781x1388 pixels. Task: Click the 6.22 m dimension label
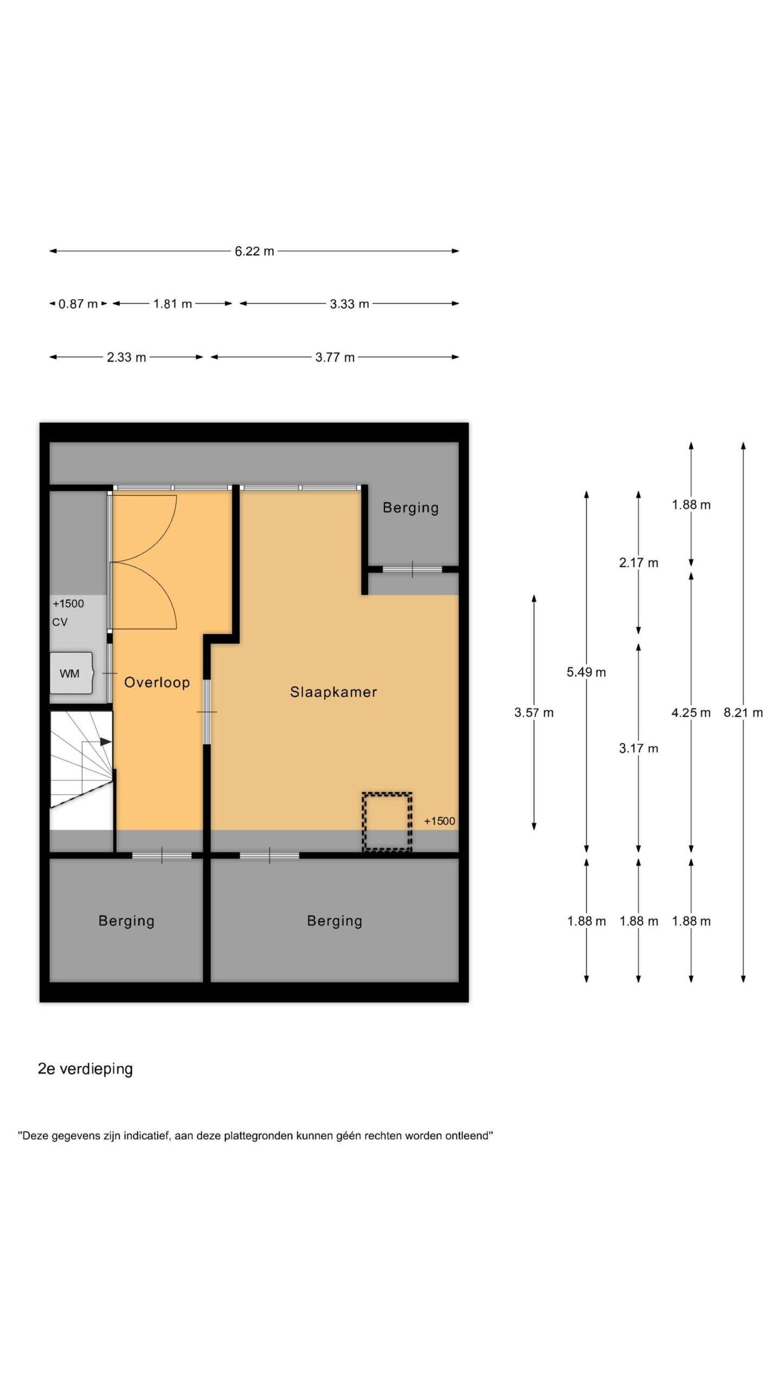pyautogui.click(x=254, y=251)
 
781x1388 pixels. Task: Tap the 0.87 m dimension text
pyautogui.click(x=78, y=304)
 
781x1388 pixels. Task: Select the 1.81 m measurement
pyautogui.click(x=172, y=304)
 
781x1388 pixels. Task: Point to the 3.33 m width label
pyautogui.click(x=349, y=304)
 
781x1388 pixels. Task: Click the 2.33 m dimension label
pyautogui.click(x=126, y=357)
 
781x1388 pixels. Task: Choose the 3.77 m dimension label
pyautogui.click(x=335, y=357)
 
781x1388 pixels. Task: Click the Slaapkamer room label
pyautogui.click(x=334, y=692)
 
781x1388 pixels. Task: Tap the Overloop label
pyautogui.click(x=157, y=683)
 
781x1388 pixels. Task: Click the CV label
pyautogui.click(x=60, y=622)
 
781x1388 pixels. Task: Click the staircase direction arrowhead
pyautogui.click(x=106, y=741)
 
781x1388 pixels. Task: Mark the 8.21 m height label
pyautogui.click(x=743, y=712)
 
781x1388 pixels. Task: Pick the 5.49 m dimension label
pyautogui.click(x=586, y=672)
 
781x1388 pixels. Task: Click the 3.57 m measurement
pyautogui.click(x=534, y=712)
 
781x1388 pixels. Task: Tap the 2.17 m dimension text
pyautogui.click(x=639, y=563)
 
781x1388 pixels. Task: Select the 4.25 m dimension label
pyautogui.click(x=691, y=712)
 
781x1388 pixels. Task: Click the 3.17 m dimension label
pyautogui.click(x=639, y=749)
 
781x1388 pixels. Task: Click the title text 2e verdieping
pyautogui.click(x=85, y=1069)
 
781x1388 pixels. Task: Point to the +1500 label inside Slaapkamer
pyautogui.click(x=439, y=821)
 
